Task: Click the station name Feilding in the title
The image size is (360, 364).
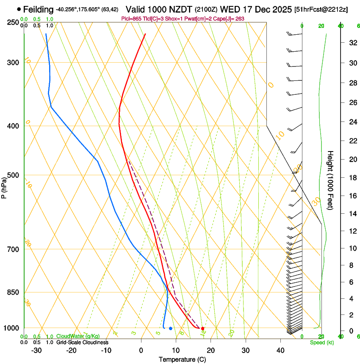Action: coord(39,9)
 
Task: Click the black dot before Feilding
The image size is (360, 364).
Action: coord(19,9)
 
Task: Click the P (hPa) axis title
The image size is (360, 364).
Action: coord(4,187)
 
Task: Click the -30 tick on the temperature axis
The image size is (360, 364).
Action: coord(36,350)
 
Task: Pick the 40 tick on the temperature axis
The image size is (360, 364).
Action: coord(280,350)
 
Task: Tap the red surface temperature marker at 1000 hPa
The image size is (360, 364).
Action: coord(202,328)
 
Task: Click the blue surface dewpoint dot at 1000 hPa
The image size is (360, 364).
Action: coord(170,328)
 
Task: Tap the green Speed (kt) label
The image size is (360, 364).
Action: coord(320,342)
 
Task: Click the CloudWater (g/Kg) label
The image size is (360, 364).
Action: coord(78,336)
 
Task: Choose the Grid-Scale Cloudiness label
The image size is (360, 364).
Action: coord(82,342)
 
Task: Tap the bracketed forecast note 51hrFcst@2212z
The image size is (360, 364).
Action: coord(321,9)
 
